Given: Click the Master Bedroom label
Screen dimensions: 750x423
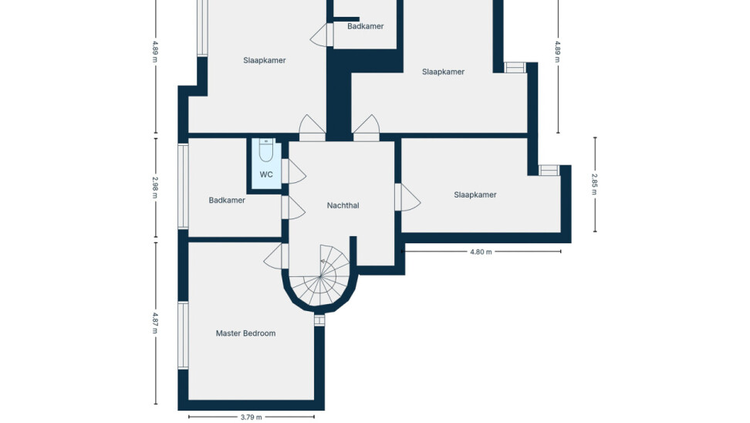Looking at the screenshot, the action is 245,333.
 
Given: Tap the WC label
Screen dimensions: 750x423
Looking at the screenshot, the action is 266,174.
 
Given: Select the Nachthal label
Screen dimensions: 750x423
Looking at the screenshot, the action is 343,205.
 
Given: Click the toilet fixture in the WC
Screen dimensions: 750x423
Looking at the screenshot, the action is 266,150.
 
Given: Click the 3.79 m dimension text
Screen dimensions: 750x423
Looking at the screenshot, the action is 251,418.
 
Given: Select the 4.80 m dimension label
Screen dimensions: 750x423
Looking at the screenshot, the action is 481,252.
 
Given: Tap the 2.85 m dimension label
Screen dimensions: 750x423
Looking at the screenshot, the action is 595,184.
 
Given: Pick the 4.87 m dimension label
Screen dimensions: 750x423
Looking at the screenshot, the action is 155,323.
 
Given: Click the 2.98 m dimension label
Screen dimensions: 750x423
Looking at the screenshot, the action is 155,188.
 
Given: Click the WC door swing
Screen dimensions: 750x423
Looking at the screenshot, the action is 294,171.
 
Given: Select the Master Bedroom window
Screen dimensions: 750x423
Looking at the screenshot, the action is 183,335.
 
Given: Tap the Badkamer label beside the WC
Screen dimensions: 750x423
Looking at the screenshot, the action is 227,201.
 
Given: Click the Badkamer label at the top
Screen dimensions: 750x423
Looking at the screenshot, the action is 366,26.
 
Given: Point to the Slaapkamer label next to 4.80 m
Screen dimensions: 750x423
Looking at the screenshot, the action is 475,195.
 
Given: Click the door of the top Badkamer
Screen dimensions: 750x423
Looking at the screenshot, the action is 322,35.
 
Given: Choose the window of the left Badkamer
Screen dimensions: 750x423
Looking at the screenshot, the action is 183,187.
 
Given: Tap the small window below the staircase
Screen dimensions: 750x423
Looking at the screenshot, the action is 319,320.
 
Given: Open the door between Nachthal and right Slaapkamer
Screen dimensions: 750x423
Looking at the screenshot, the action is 407,197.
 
